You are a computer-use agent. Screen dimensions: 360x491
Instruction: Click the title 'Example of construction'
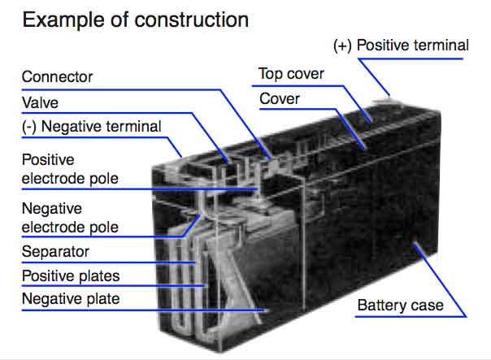point(135,20)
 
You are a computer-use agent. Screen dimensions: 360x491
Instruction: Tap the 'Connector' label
point(57,78)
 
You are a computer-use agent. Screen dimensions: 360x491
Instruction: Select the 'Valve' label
point(41,102)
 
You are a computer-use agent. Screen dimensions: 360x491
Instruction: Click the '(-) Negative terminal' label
point(91,126)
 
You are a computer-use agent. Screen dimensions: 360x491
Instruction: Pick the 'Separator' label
point(55,251)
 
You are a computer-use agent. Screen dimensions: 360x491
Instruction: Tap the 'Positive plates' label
point(71,275)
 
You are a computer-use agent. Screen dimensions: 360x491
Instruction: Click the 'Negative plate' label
point(70,299)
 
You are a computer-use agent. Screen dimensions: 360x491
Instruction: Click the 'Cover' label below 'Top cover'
point(279,99)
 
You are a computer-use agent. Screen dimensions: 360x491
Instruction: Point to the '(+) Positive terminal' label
point(402,45)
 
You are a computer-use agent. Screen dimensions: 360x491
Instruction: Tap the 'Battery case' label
point(401,306)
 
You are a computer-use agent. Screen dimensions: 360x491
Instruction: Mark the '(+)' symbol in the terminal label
point(343,45)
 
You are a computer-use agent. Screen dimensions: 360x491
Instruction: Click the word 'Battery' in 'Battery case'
point(383,306)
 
